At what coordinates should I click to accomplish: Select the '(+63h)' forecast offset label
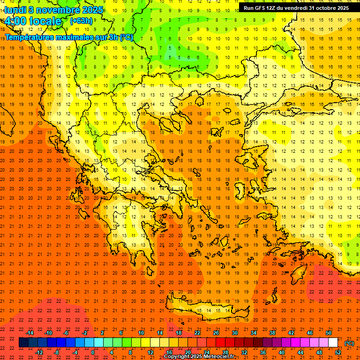point(81,21)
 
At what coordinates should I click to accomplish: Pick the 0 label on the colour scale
point(93,352)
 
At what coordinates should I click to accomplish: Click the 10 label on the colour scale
point(141,333)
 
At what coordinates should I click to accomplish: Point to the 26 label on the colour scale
point(216,333)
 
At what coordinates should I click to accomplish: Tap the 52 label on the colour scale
point(338,352)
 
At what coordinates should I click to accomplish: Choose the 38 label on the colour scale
point(272,333)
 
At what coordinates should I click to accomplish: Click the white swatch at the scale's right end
point(333,343)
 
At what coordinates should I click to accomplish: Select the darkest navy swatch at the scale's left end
point(23,343)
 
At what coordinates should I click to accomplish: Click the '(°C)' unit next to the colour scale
point(349,343)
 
